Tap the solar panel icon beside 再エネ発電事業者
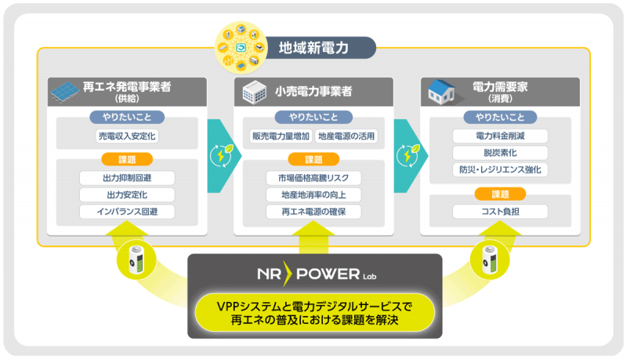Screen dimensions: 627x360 (64, 92)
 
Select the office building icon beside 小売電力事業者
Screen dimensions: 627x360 (254, 92)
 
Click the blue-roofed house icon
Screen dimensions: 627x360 (441, 91)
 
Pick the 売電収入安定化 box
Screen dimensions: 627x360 (127, 136)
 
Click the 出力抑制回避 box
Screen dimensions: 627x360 (127, 177)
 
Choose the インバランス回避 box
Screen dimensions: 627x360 (127, 212)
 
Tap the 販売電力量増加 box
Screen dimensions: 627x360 (281, 136)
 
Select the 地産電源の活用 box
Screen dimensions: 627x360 (346, 136)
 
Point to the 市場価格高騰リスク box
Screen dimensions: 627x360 (313, 177)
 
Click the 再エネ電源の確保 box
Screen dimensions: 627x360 (313, 212)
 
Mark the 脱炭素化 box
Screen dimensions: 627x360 (500, 153)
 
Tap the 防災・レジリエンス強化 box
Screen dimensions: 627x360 (500, 169)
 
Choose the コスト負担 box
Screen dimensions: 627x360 (500, 212)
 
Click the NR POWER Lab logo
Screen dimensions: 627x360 (317, 274)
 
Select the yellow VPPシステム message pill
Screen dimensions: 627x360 (315, 313)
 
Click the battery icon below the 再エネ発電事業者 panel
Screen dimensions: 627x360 (136, 260)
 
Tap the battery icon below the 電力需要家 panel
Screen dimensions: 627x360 (490, 260)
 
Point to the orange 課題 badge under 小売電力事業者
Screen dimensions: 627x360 (313, 159)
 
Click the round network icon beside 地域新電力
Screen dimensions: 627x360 (241, 48)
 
